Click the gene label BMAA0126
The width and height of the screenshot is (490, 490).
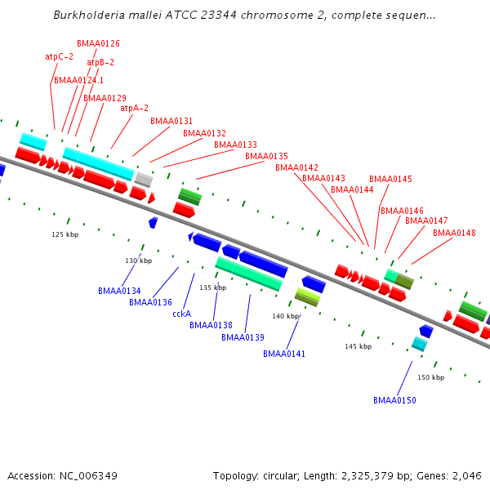(x=98, y=43)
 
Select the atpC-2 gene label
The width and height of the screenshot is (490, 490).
(x=59, y=57)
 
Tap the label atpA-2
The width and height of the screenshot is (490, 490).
(x=134, y=108)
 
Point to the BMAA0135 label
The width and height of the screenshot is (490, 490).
(x=266, y=156)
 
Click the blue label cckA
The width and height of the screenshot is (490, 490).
(x=181, y=314)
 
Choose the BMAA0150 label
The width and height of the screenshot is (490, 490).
(x=394, y=400)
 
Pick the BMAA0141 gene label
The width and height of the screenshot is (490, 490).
(x=284, y=354)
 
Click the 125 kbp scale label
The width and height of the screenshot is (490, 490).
(x=65, y=234)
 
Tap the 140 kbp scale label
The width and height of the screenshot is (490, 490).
(x=286, y=316)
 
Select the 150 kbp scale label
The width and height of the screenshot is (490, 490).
(x=430, y=377)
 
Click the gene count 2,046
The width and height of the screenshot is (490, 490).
(x=468, y=475)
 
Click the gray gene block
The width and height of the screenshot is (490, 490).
(x=144, y=179)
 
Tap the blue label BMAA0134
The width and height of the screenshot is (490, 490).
(x=119, y=291)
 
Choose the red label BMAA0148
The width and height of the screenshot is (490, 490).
(x=454, y=233)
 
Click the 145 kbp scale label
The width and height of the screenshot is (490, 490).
(x=358, y=346)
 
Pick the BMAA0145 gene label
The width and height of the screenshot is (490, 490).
(x=390, y=179)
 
